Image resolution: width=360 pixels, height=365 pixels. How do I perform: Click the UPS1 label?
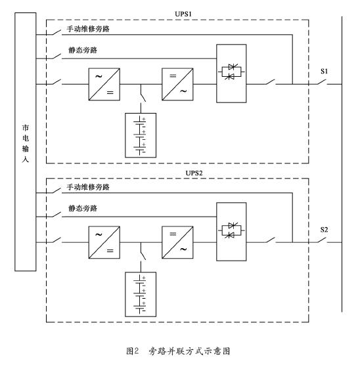pyautogui.click(x=183, y=14)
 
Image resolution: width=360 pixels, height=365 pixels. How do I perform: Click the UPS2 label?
pyautogui.click(x=194, y=173)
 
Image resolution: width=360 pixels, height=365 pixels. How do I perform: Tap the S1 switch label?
pyautogui.click(x=324, y=72)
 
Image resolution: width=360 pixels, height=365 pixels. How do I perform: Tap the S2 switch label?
pyautogui.click(x=324, y=230)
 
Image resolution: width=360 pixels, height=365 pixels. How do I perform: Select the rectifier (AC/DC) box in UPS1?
pyautogui.click(x=104, y=84)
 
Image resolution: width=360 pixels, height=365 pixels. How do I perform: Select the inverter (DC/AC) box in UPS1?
pyautogui.click(x=177, y=84)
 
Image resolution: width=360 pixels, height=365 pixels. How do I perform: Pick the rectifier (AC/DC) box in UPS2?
pyautogui.click(x=104, y=242)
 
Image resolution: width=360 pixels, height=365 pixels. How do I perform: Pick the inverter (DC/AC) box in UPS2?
pyautogui.click(x=177, y=242)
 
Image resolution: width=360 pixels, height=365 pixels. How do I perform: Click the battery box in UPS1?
pyautogui.click(x=141, y=135)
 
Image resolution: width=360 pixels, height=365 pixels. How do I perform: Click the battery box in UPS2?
pyautogui.click(x=141, y=294)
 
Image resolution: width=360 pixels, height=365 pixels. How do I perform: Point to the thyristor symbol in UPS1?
pyautogui.click(x=231, y=72)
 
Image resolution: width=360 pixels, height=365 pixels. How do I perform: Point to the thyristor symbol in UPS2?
pyautogui.click(x=231, y=230)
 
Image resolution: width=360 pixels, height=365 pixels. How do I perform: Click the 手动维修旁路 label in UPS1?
pyautogui.click(x=88, y=29)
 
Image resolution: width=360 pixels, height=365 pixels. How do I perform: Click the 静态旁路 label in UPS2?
pyautogui.click(x=83, y=208)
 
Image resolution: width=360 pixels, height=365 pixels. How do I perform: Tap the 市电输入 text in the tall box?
pyautogui.click(x=26, y=143)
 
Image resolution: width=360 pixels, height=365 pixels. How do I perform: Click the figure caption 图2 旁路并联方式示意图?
pyautogui.click(x=178, y=351)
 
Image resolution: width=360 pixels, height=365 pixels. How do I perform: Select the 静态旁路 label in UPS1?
pyautogui.click(x=83, y=50)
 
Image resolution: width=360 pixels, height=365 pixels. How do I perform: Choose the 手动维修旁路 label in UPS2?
pyautogui.click(x=88, y=187)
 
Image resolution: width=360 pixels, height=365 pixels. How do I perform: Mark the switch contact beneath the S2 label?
pyautogui.click(x=322, y=240)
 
